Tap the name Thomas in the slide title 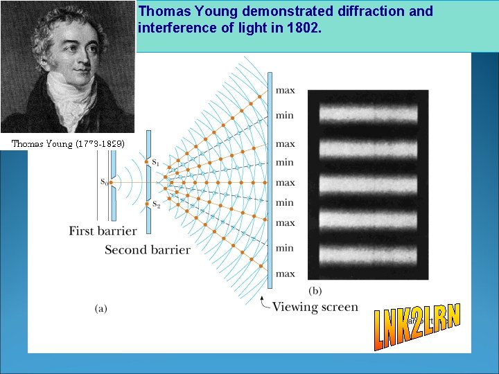(x=161, y=11)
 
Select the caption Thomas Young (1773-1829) (x=68, y=144)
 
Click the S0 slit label (x=104, y=182)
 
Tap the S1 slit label (x=156, y=163)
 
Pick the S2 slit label (x=156, y=205)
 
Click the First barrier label (x=103, y=231)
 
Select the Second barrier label (x=147, y=249)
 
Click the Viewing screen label (x=315, y=307)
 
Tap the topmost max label (x=285, y=90)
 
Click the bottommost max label (x=285, y=274)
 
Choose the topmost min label (x=285, y=115)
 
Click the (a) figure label (x=101, y=309)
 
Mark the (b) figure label (x=315, y=290)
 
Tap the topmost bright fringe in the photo (x=367, y=112)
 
